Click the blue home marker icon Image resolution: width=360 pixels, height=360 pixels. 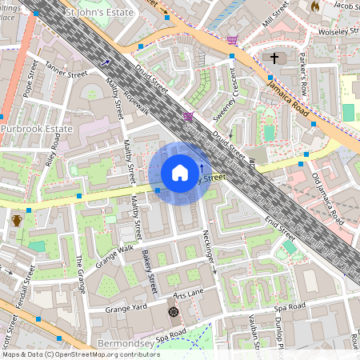[x=180, y=173]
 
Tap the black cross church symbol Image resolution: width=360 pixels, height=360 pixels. [x=275, y=58]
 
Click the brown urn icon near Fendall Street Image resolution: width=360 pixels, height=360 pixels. [x=17, y=221]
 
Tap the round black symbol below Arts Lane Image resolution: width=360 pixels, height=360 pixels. [x=173, y=312]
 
